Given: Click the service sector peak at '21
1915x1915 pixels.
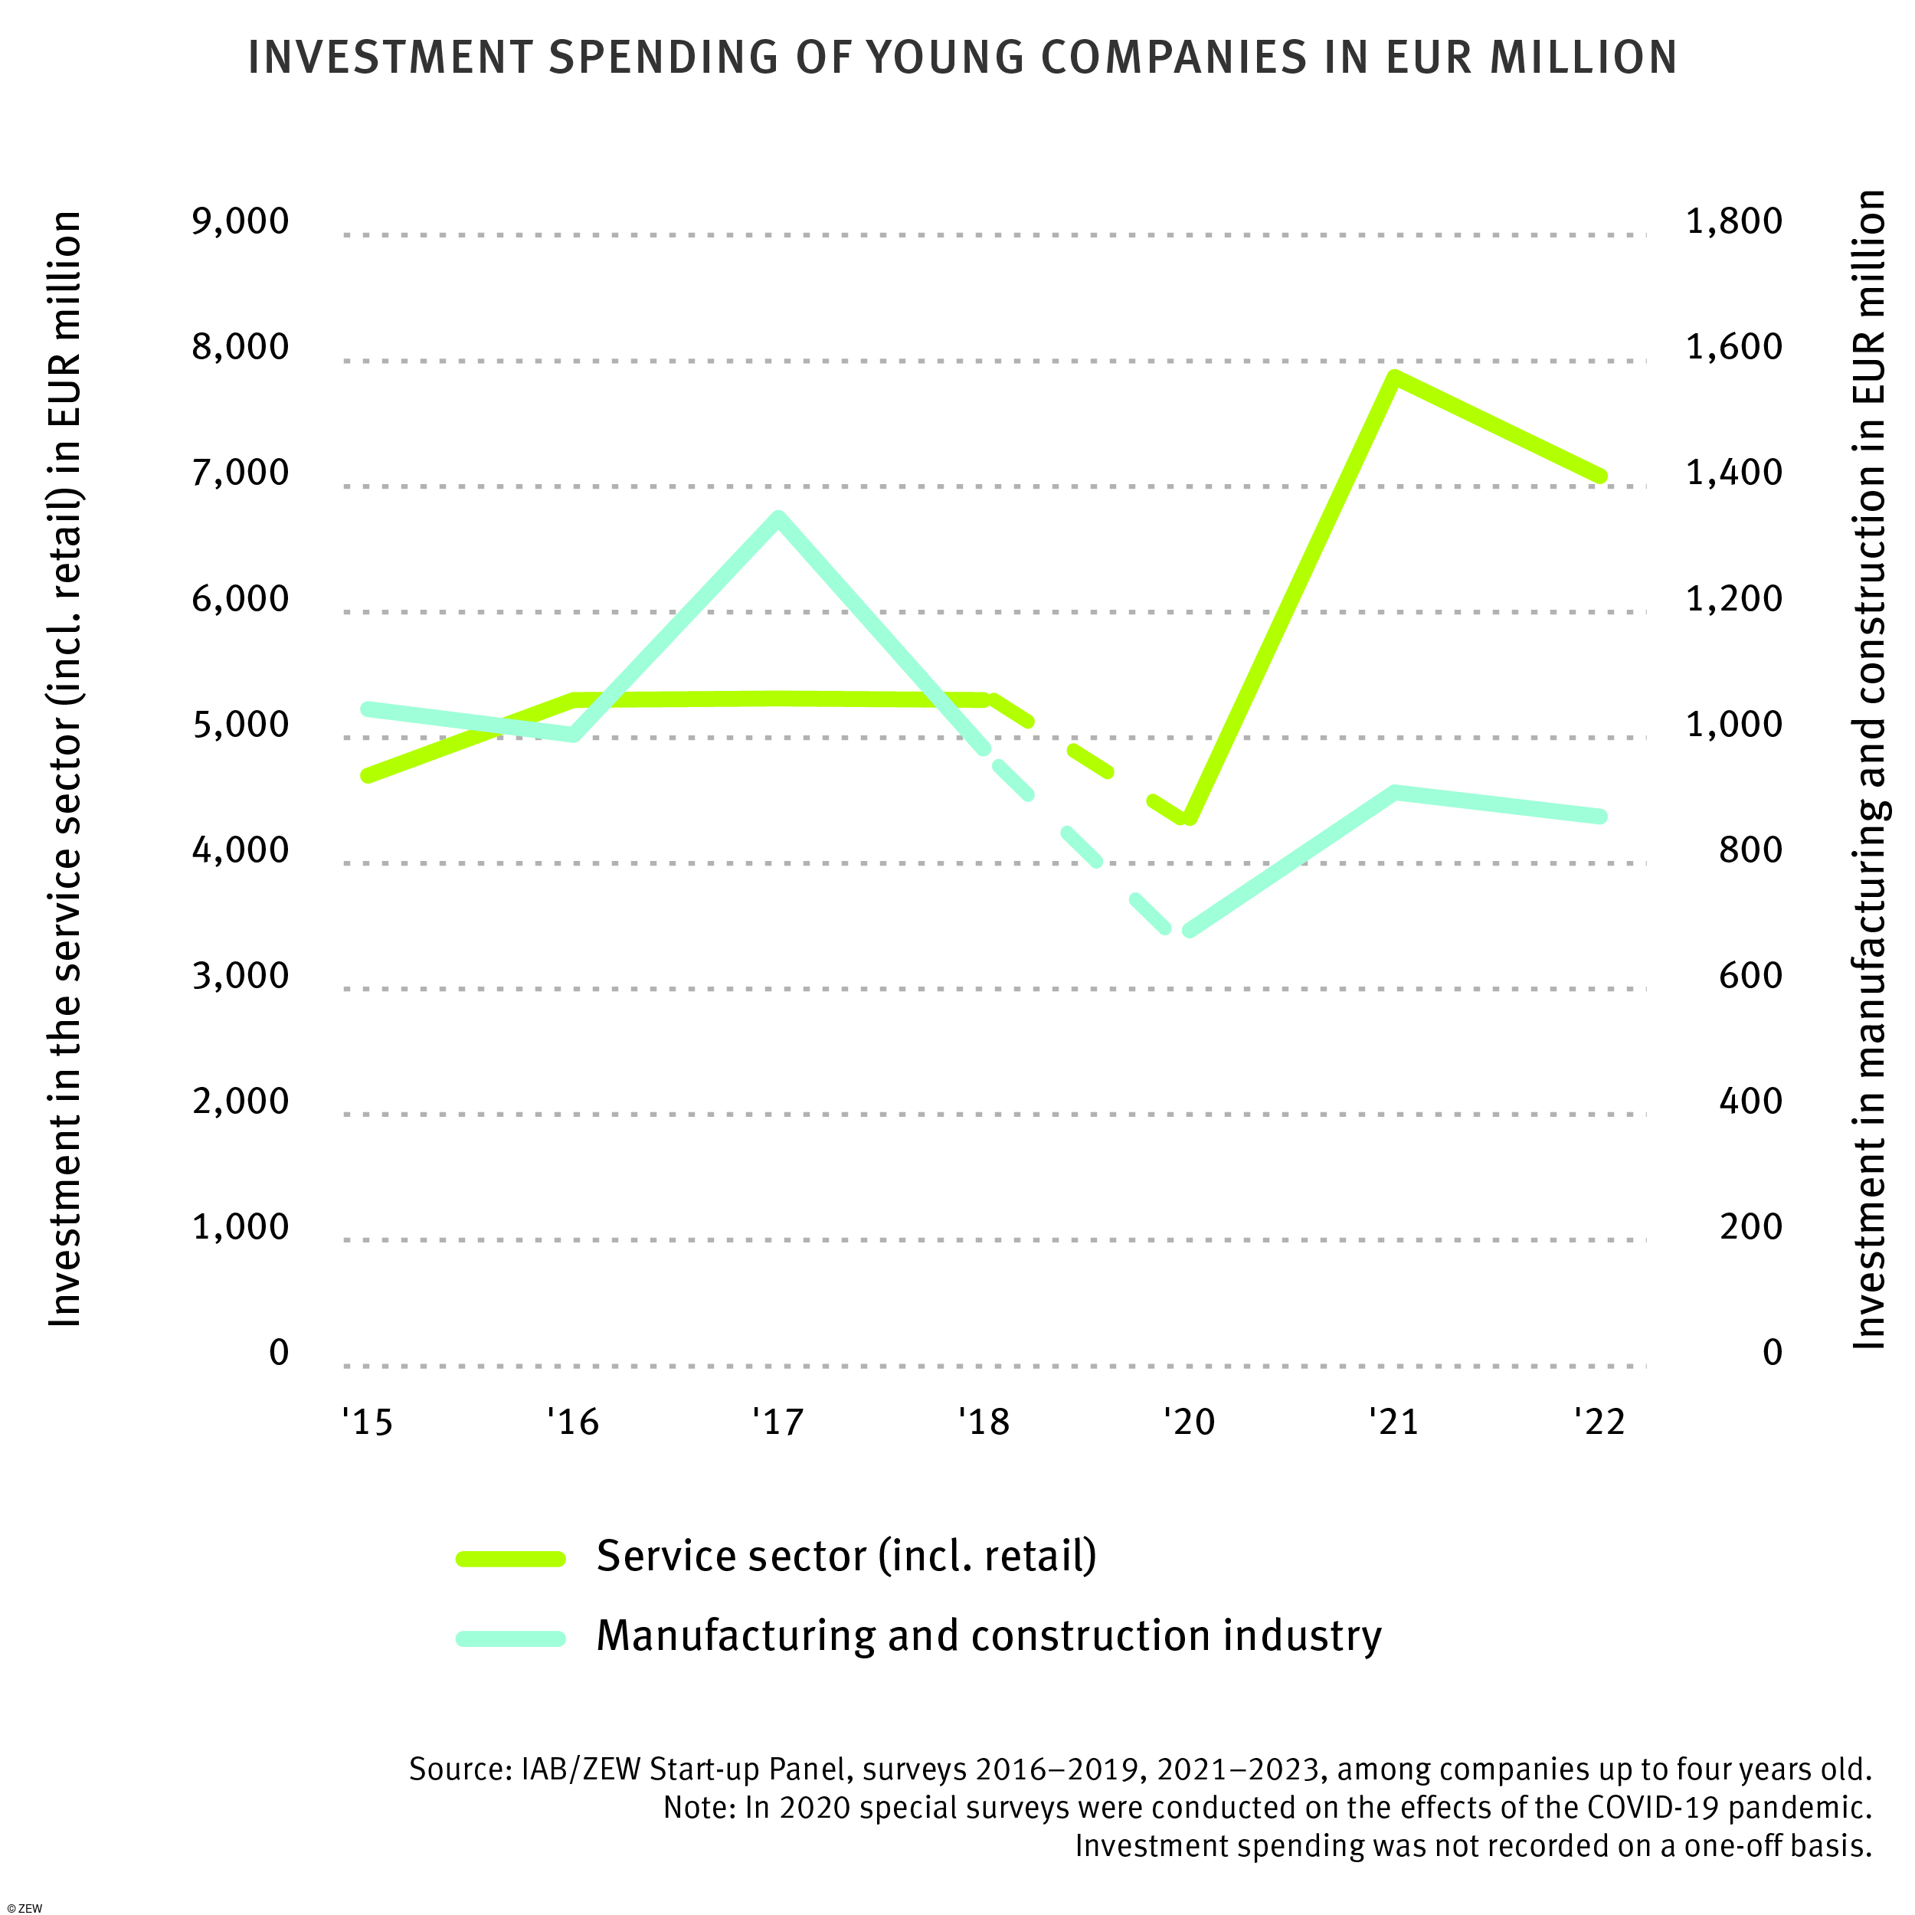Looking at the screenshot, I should pos(1393,378).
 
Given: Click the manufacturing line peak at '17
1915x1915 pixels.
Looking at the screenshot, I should pos(779,519).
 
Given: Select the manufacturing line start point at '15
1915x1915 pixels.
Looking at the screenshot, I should pos(368,709).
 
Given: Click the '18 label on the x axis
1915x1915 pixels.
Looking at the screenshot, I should pos(984,1422).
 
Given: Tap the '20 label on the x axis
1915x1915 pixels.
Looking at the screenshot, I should pos(1189,1422).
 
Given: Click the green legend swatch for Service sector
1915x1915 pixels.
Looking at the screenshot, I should pos(510,1559).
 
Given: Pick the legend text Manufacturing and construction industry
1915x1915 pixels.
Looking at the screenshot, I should pos(988,1635).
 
